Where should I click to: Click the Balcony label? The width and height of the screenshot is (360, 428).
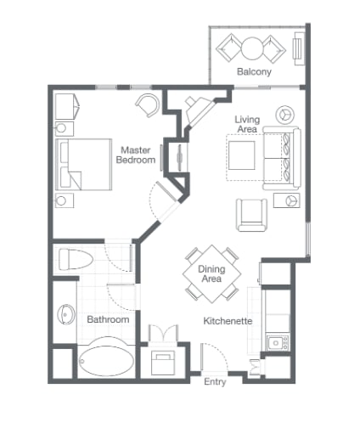pyautogui.click(x=254, y=71)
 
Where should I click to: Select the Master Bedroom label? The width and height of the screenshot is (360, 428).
pyautogui.click(x=136, y=155)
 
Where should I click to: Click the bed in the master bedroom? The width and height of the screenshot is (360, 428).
pyautogui.click(x=84, y=164)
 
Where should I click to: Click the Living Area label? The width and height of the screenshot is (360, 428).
pyautogui.click(x=247, y=124)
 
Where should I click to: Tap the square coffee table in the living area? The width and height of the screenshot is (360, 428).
pyautogui.click(x=242, y=155)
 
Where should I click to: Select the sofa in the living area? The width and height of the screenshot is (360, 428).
pyautogui.click(x=282, y=159)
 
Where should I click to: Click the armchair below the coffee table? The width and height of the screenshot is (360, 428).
pyautogui.click(x=251, y=215)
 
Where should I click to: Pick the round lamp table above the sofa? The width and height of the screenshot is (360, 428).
pyautogui.click(x=284, y=115)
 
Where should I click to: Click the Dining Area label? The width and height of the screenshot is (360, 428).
pyautogui.click(x=211, y=273)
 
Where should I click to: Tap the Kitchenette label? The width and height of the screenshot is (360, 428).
pyautogui.click(x=228, y=321)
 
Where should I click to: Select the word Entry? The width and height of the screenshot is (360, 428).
pyautogui.click(x=215, y=382)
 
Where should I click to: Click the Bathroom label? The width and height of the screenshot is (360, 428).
pyautogui.click(x=108, y=319)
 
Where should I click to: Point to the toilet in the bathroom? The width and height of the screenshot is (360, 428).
pyautogui.click(x=76, y=259)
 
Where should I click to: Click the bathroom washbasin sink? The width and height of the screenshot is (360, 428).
pyautogui.click(x=66, y=314)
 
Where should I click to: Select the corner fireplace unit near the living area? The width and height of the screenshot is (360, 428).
pyautogui.click(x=199, y=111)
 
